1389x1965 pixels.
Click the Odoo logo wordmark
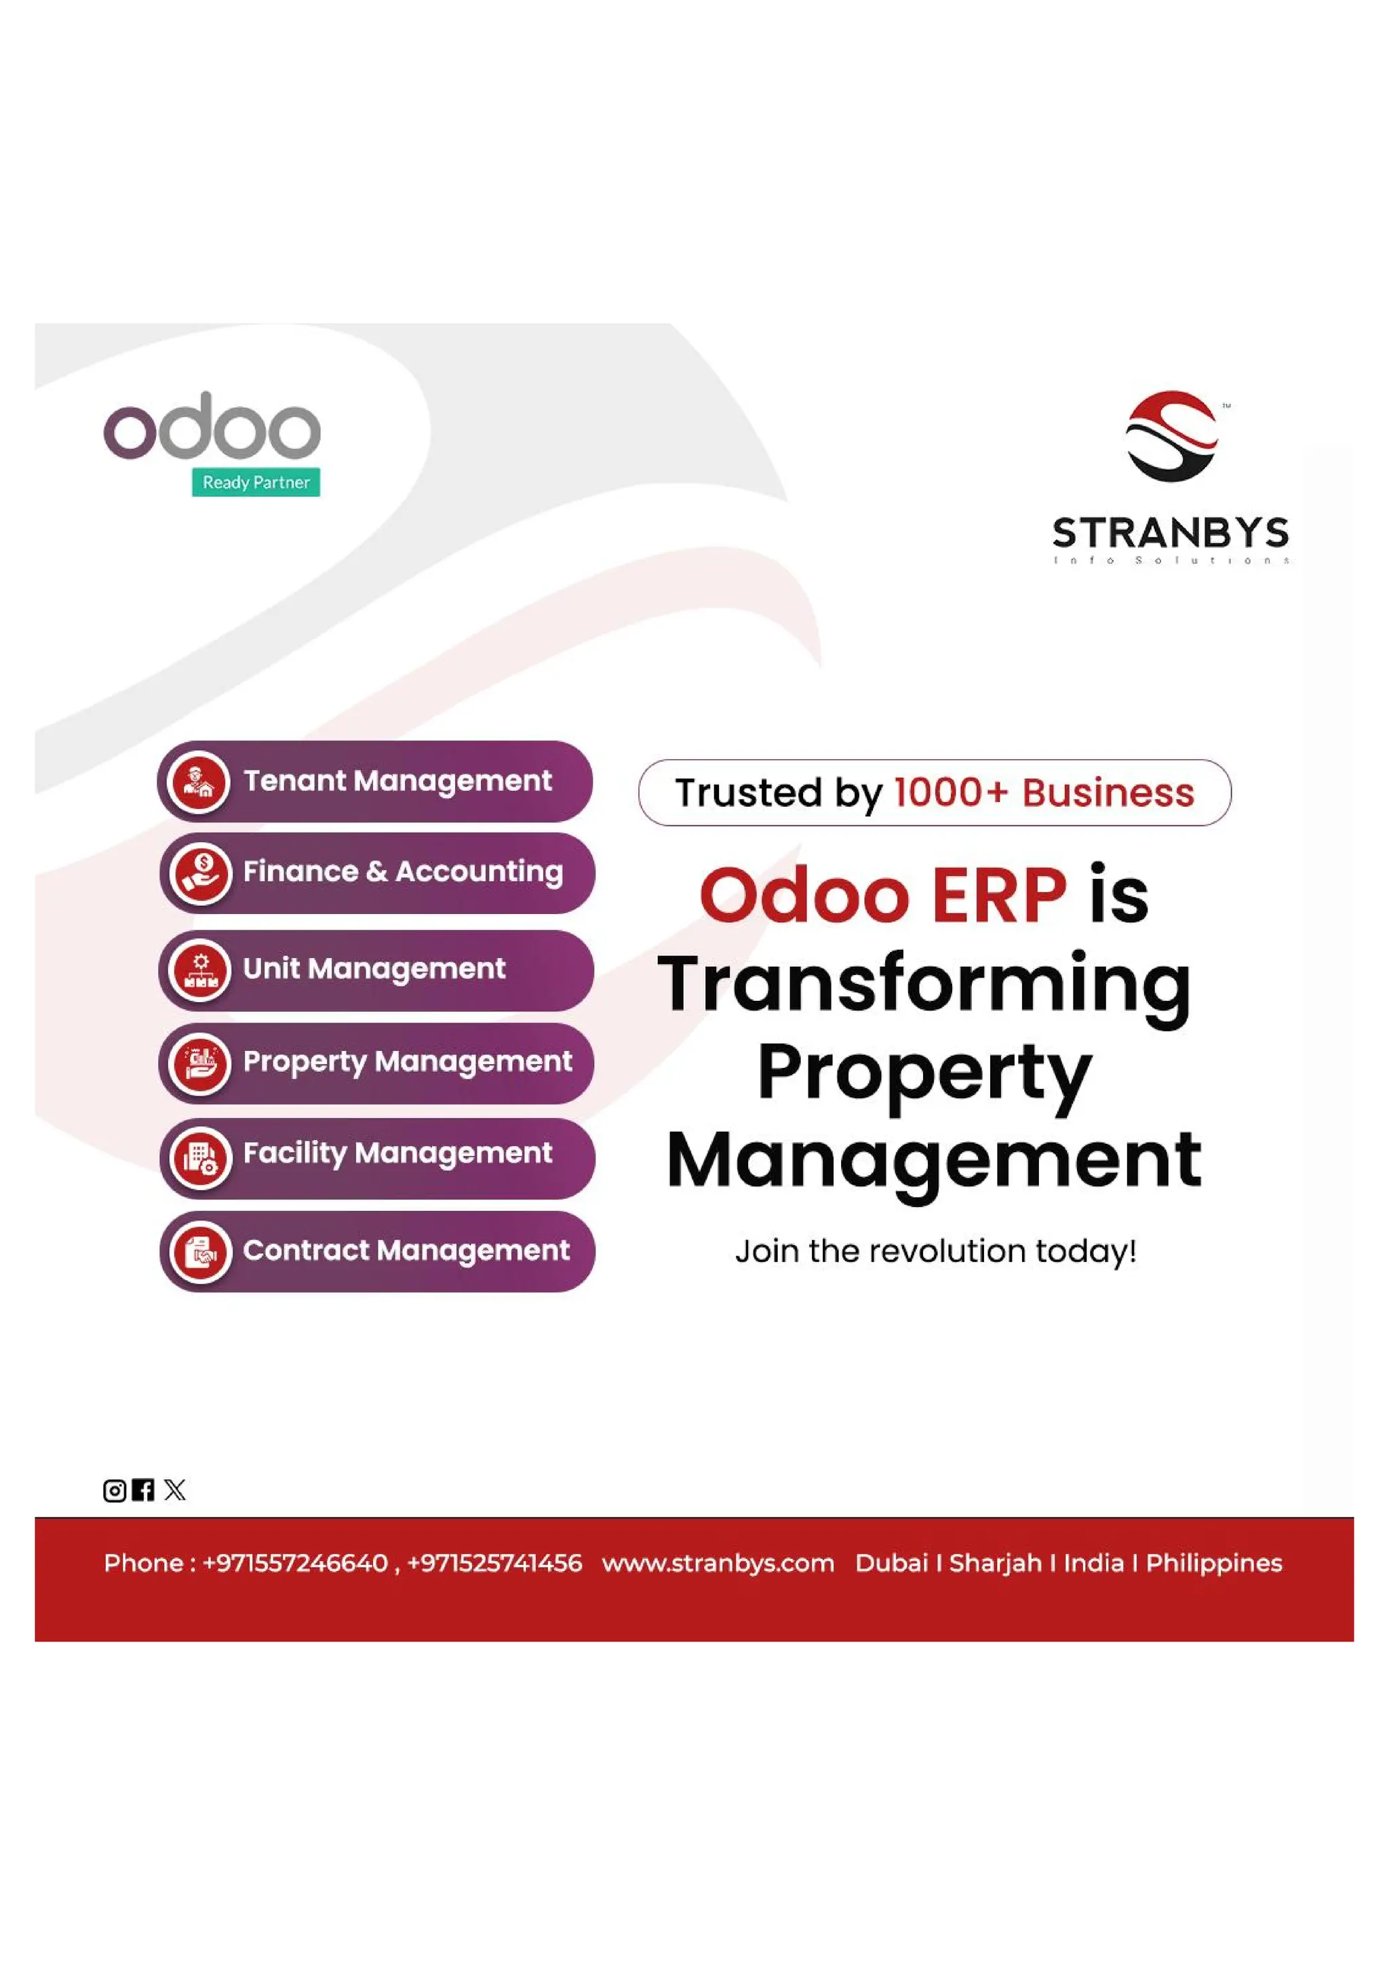[212, 427]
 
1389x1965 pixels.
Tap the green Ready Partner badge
[256, 482]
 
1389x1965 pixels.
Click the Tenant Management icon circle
[199, 781]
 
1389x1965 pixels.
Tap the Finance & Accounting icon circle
[200, 873]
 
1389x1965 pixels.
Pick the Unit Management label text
[374, 969]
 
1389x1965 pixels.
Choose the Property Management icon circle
[200, 1064]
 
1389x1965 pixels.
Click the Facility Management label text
[397, 1153]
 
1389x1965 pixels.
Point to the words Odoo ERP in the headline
[882, 896]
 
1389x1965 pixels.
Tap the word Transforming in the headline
[924, 985]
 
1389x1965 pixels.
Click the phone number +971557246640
[295, 1563]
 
